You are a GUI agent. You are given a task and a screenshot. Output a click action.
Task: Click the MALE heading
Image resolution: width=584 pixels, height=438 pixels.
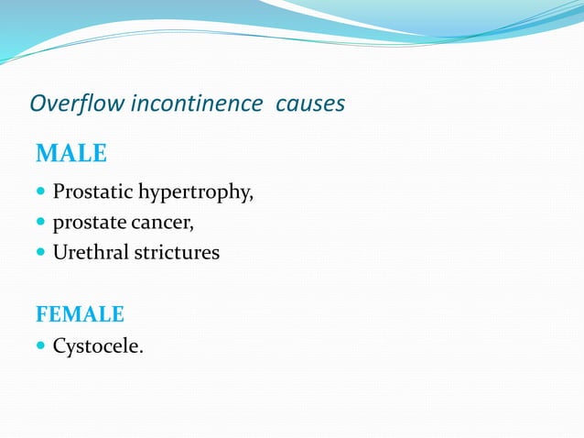click(71, 154)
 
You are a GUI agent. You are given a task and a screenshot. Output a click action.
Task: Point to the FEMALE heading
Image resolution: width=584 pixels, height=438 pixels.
click(80, 314)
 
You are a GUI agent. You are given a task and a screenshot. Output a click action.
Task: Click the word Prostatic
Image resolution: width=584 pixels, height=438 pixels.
click(92, 192)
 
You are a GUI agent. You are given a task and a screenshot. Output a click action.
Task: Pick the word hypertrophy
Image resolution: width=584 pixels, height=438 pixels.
click(194, 193)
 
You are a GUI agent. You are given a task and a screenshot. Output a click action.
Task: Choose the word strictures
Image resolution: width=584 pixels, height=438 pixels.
click(178, 252)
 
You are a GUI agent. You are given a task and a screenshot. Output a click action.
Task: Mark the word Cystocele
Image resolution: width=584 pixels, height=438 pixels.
click(96, 347)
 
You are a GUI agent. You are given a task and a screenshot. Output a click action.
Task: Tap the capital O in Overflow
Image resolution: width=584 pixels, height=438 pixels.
click(38, 104)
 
